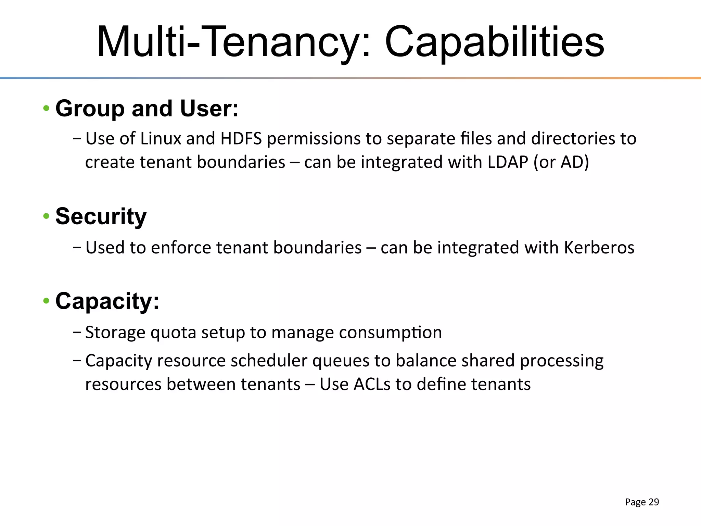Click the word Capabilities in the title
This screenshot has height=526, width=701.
click(x=494, y=42)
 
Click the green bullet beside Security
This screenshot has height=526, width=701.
click(x=46, y=216)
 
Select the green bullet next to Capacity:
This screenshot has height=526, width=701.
click(x=46, y=301)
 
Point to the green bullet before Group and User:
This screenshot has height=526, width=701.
click(x=46, y=109)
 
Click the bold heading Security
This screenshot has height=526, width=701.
click(x=101, y=216)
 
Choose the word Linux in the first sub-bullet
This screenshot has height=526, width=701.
click(x=161, y=139)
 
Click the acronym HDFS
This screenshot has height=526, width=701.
click(x=241, y=139)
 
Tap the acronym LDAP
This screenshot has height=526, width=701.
click(x=508, y=162)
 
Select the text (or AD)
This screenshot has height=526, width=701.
click(x=561, y=162)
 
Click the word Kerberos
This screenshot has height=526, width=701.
click(x=599, y=247)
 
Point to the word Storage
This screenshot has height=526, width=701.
click(x=115, y=333)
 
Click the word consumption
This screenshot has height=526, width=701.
click(x=390, y=333)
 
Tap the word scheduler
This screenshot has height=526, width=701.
click(x=269, y=361)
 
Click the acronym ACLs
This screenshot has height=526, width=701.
click(x=372, y=384)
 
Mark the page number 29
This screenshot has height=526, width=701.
click(x=654, y=502)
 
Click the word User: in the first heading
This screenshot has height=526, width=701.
click(x=209, y=109)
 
